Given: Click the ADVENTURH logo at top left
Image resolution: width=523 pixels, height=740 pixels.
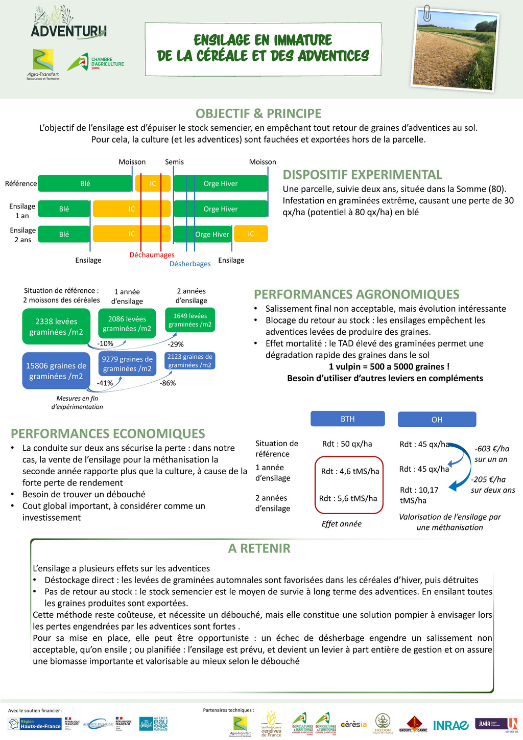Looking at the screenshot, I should click(68, 25).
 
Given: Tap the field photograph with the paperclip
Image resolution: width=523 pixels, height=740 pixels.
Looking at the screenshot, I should click(455, 51).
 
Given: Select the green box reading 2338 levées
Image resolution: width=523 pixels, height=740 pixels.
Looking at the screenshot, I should click(56, 327).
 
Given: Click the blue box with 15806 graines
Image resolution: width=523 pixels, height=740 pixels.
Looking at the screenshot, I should click(56, 371).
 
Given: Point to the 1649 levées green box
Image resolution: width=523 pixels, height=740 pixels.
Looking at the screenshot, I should click(190, 320).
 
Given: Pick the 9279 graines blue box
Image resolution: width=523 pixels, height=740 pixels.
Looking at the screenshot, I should click(127, 364).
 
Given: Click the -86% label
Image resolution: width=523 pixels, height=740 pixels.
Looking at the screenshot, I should click(168, 383).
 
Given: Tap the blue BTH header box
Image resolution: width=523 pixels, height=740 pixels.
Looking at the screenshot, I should click(347, 419).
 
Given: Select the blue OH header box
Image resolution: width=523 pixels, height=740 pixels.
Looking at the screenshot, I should click(437, 420).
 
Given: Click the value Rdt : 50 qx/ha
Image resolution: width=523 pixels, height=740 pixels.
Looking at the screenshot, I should click(347, 444).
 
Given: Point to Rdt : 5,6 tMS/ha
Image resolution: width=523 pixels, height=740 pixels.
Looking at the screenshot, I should click(348, 498).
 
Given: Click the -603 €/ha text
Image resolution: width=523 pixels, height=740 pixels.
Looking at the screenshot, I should click(492, 449).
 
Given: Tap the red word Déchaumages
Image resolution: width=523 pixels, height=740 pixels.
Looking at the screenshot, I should click(152, 255).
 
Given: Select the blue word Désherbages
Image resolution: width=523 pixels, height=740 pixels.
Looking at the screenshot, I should click(190, 264).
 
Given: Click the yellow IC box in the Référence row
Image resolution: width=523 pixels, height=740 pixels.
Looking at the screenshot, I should click(153, 183).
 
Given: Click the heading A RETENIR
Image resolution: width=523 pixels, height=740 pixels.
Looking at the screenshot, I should click(259, 548).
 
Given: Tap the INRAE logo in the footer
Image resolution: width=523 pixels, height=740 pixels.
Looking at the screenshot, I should click(450, 725).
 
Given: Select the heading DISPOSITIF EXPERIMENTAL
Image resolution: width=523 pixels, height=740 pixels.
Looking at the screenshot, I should click(362, 175).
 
